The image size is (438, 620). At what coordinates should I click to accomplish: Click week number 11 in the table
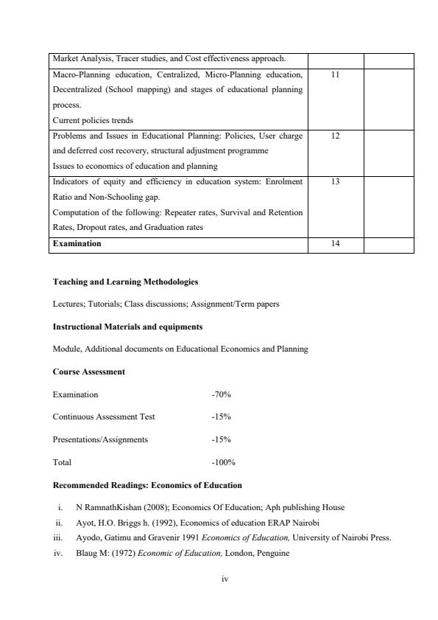tap(335, 75)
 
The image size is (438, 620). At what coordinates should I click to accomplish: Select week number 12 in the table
tap(335, 136)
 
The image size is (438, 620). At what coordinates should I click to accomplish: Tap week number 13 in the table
tap(335, 181)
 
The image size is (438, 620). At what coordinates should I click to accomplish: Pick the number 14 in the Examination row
tap(335, 243)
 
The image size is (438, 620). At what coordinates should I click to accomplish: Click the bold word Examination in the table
tap(77, 243)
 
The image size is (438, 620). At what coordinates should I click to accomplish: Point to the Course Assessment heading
tap(89, 372)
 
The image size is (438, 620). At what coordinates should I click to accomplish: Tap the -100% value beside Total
tap(223, 462)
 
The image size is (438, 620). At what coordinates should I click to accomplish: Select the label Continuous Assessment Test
tap(104, 417)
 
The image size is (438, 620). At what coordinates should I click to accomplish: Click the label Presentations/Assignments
tap(100, 439)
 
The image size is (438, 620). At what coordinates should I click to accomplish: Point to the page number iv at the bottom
tap(225, 579)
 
